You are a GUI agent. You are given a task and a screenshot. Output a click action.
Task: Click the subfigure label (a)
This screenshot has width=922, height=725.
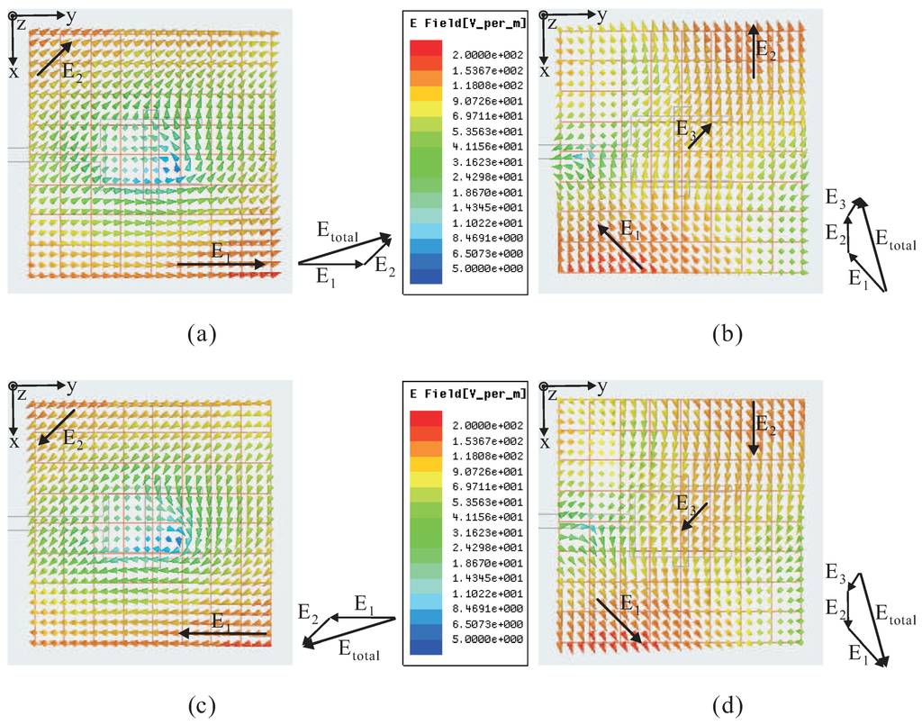[202, 335]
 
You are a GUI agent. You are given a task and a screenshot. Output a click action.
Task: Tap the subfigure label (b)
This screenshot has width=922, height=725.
[726, 335]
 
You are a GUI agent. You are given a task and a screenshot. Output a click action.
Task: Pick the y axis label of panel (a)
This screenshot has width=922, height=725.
[71, 14]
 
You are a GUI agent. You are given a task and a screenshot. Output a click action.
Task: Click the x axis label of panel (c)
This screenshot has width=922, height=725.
[14, 442]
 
